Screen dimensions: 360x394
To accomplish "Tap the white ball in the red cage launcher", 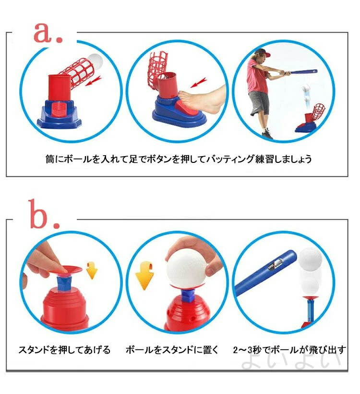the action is click(x=96, y=61).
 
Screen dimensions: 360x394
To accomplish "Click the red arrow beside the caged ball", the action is click(x=93, y=81).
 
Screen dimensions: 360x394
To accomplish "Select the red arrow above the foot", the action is click(x=199, y=83).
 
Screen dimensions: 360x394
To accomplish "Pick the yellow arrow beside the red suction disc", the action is click(x=92, y=271).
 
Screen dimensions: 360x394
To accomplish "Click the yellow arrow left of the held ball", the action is click(x=144, y=275).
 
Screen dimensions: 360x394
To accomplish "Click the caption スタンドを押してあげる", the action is click(x=64, y=350).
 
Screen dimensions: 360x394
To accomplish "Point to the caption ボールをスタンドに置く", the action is click(x=172, y=350).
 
